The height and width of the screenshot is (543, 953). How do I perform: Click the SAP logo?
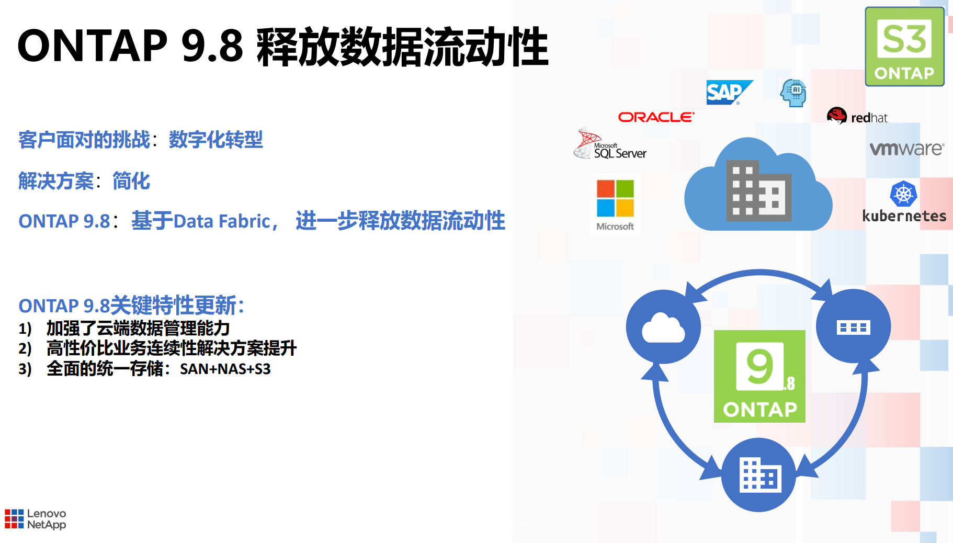[x=729, y=92]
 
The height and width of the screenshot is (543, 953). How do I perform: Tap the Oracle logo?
[x=656, y=117]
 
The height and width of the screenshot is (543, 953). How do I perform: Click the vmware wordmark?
[x=907, y=149]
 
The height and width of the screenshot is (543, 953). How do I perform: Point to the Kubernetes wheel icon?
[x=903, y=194]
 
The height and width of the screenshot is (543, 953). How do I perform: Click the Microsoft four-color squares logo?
[x=615, y=198]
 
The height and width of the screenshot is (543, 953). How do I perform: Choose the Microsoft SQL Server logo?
[x=610, y=144]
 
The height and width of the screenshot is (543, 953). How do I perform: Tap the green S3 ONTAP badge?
[x=904, y=47]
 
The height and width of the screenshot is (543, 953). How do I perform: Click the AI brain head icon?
[x=793, y=93]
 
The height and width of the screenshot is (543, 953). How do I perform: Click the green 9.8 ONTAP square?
[x=759, y=376]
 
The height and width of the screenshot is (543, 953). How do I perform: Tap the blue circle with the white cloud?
[x=663, y=327]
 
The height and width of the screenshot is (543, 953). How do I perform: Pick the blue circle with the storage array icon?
[x=854, y=326]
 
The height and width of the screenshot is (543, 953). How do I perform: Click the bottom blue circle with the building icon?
[x=758, y=475]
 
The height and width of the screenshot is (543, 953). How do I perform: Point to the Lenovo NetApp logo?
[x=36, y=519]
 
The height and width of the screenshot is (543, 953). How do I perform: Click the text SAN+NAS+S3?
[x=225, y=369]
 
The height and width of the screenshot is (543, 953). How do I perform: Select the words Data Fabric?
[x=222, y=221]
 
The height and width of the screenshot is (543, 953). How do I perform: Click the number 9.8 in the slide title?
[x=212, y=46]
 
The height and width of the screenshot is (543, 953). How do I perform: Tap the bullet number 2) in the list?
[x=25, y=348]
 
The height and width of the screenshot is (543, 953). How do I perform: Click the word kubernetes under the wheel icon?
[x=904, y=216]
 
